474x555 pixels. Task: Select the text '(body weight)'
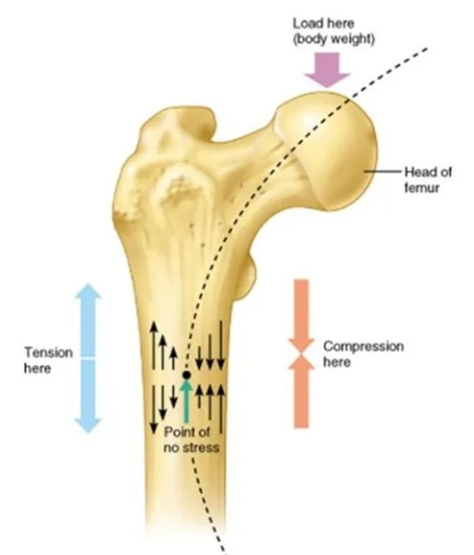(x=333, y=38)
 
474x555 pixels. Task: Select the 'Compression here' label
(x=363, y=354)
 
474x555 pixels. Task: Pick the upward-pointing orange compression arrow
(x=301, y=393)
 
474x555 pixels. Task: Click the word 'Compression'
(x=363, y=346)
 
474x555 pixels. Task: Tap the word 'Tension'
(x=49, y=353)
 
